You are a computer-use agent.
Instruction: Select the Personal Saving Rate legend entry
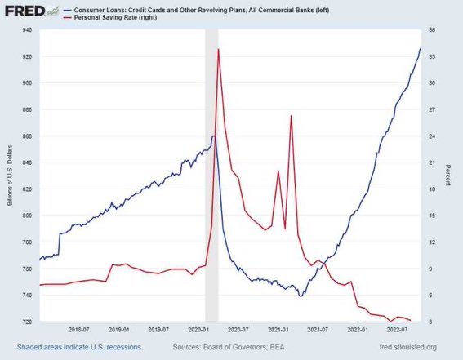pos(107,17)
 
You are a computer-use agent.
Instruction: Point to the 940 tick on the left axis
pos(26,30)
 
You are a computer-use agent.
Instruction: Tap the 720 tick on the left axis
pos(26,322)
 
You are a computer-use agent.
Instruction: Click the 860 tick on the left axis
pos(26,136)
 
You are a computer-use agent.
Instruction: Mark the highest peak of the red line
pos(218,50)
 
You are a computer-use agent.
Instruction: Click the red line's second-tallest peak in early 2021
pos(291,116)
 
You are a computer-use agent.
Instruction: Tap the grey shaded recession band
pos(211,204)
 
